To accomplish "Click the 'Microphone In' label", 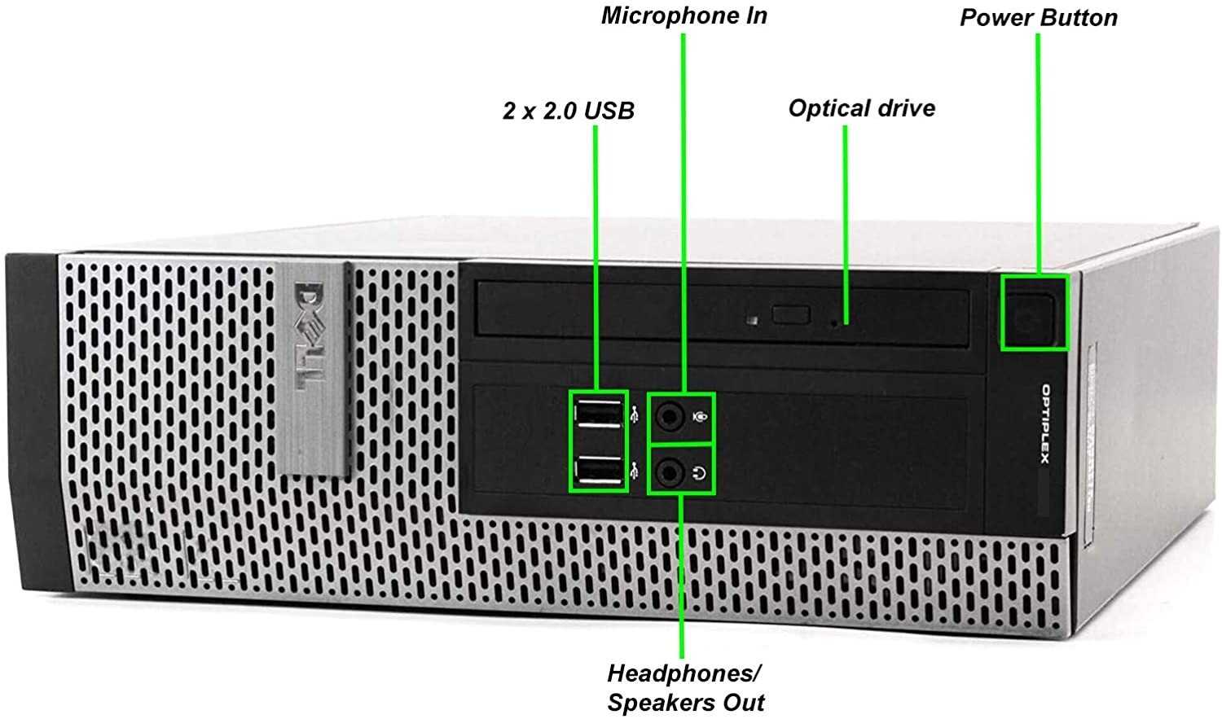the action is click(x=684, y=15).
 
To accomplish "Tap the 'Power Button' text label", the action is click(x=1039, y=18).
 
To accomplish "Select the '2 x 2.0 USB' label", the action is click(x=569, y=112).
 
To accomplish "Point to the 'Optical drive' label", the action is click(x=862, y=108).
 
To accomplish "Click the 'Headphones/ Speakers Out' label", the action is click(x=686, y=688).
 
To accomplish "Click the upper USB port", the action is click(x=599, y=414).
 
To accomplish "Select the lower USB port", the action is click(x=599, y=470).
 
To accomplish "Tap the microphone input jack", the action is click(x=670, y=418).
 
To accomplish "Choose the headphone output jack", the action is click(x=670, y=472).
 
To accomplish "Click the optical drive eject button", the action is click(x=791, y=314).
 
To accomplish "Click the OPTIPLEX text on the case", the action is click(x=1045, y=424).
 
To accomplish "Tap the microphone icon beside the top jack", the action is click(x=700, y=417).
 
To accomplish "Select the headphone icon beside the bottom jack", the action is click(x=700, y=473).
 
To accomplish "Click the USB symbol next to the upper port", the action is click(x=635, y=415).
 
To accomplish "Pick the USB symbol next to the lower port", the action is click(x=635, y=471).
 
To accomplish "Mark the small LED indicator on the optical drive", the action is click(x=753, y=320).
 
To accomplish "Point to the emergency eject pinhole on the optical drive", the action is click(x=834, y=323).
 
